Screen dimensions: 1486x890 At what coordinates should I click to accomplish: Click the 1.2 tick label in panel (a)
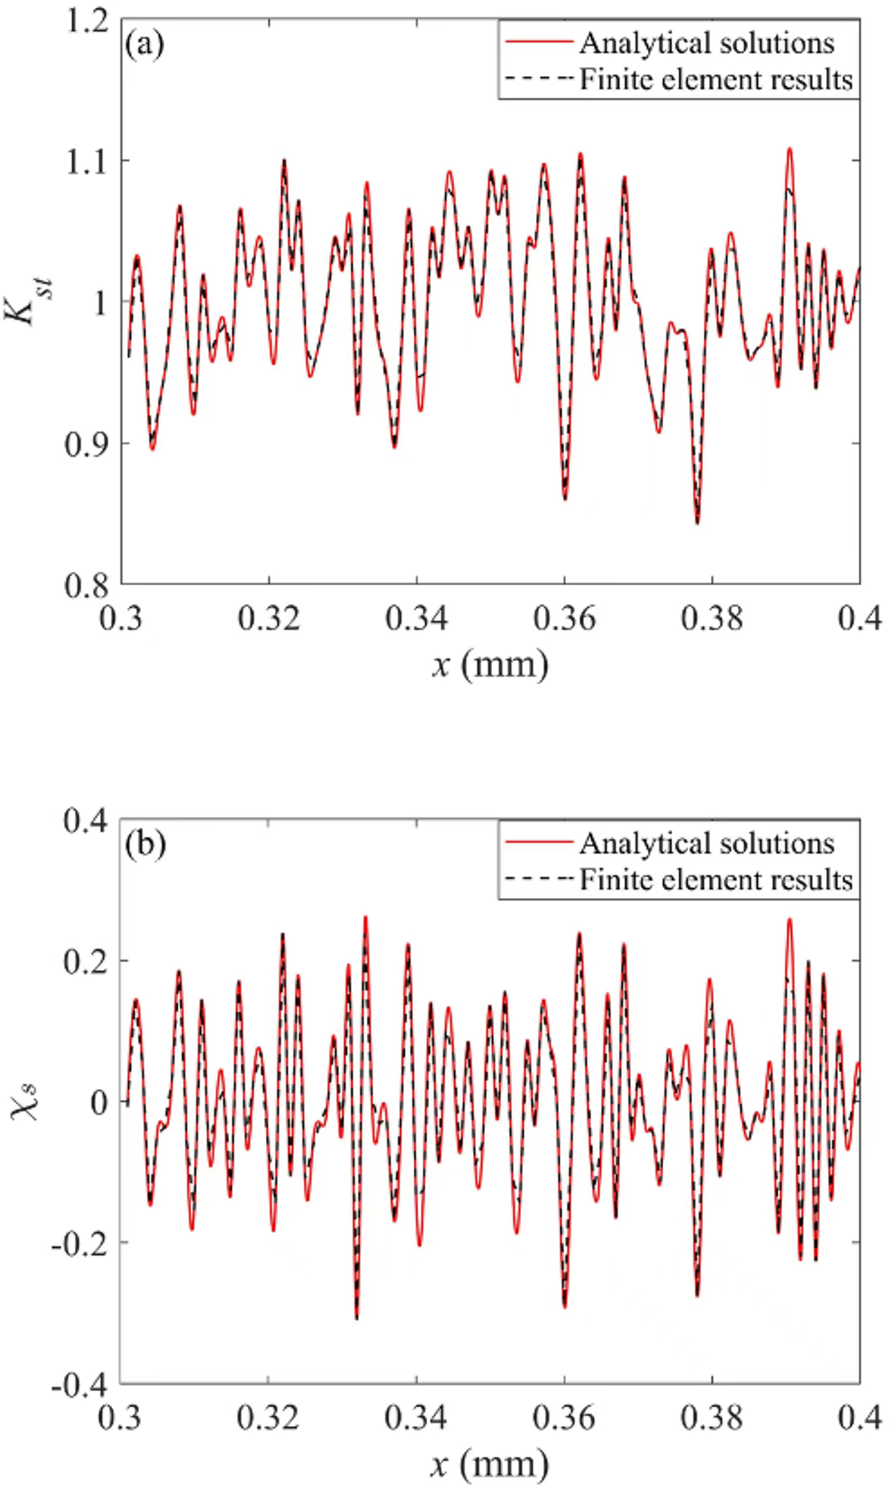[x=87, y=20]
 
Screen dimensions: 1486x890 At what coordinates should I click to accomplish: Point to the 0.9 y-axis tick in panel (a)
[x=87, y=443]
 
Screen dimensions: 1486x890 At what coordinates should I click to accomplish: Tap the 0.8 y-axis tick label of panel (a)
[x=87, y=584]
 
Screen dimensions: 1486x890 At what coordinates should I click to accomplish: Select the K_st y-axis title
[x=33, y=301]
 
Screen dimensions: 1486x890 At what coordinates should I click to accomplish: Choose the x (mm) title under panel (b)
[x=490, y=1464]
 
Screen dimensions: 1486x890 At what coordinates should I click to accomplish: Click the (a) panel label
[x=144, y=43]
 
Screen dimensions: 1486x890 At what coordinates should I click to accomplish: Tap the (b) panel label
[x=145, y=844]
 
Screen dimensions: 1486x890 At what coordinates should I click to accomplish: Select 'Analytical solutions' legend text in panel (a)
[x=707, y=43]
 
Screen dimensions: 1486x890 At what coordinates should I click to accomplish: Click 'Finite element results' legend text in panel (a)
[x=715, y=80]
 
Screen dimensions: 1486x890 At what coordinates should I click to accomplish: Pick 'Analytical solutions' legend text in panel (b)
[x=707, y=843]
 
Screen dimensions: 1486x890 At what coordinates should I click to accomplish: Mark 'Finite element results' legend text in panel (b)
[x=715, y=880]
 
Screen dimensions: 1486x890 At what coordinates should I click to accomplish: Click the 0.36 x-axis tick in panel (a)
[x=565, y=618]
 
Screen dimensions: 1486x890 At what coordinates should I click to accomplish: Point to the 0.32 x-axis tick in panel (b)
[x=269, y=1418]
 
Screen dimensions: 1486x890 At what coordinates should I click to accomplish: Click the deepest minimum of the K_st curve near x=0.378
[x=698, y=523]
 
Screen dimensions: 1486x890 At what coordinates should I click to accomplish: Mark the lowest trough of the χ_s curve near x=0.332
[x=357, y=1318]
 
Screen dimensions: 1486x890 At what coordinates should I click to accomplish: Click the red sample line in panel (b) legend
[x=538, y=841]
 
